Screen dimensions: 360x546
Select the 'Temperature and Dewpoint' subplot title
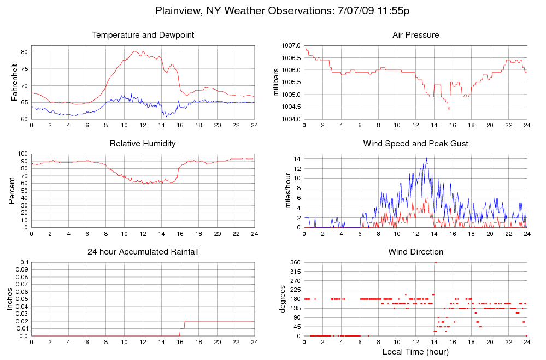pos(143,35)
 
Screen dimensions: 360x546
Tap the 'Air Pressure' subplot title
pos(415,35)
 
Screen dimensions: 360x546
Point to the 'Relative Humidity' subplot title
pos(143,144)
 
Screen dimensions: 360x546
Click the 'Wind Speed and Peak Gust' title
pos(415,144)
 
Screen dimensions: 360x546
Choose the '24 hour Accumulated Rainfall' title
pos(143,252)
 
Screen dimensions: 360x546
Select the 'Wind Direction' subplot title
pos(415,252)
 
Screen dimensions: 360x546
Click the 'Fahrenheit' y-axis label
pos(15,82)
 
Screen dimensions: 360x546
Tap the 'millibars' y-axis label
pos(277,82)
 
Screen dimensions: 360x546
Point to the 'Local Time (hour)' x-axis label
pos(415,351)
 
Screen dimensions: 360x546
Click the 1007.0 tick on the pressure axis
pos(291,45)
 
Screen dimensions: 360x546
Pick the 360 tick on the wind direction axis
pos(295,262)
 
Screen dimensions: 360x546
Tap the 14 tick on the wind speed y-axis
pos(297,158)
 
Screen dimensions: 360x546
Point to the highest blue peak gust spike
pos(426,159)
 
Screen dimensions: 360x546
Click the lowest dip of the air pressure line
pos(449,109)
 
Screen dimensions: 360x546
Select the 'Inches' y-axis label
pos(9,299)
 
